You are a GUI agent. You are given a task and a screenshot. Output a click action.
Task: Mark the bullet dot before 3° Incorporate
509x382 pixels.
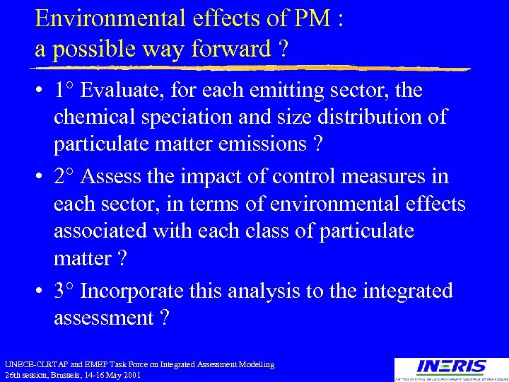(x=40, y=291)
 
